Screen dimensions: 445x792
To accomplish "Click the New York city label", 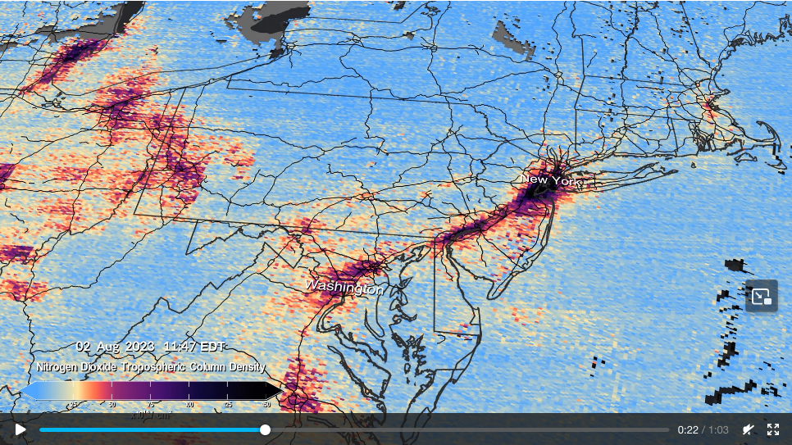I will pos(550,179).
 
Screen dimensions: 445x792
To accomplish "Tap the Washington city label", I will pos(344,288).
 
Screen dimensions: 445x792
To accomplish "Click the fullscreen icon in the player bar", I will pos(772,429).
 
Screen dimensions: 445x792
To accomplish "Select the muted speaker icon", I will pos(748,429).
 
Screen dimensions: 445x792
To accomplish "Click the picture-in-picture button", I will pos(761,296).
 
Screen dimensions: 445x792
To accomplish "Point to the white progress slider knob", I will pos(265,429).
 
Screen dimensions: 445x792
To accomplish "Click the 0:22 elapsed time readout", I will pos(687,429).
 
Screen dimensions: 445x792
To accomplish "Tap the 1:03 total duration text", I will pos(718,429).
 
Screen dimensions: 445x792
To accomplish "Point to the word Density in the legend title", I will pos(244,367).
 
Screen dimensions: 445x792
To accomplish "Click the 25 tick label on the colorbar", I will pos(73,404).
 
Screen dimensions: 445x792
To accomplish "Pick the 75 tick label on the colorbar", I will pos(150,404).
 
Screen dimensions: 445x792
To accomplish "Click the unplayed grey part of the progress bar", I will pos(467,429).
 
